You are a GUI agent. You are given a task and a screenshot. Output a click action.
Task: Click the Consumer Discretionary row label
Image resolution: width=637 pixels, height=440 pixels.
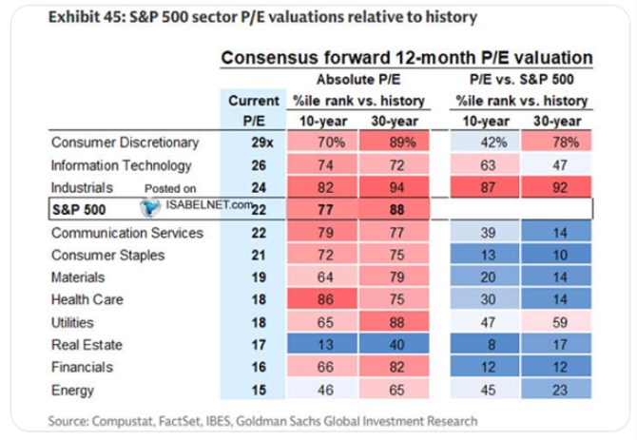point(125,143)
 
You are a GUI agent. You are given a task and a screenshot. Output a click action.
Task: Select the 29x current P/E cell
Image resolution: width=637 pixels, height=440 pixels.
point(262,143)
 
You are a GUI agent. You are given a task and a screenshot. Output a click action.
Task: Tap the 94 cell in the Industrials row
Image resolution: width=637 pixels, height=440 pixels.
point(394,187)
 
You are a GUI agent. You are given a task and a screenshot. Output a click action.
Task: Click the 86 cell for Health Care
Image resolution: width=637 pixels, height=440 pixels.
point(322,299)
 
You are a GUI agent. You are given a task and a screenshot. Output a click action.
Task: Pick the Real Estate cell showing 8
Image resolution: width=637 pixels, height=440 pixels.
point(485,345)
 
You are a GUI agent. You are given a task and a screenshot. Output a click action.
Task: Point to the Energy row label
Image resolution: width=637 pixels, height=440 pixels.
point(72,390)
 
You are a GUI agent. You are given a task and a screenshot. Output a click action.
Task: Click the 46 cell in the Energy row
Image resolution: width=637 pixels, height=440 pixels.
point(322,390)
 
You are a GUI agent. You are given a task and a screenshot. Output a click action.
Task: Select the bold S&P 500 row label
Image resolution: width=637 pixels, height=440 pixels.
point(79,209)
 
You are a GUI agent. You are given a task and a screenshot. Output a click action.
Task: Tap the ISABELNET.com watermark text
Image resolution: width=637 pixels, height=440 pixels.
point(209,204)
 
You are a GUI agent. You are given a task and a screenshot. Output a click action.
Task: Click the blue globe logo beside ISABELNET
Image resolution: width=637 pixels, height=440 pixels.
point(150,207)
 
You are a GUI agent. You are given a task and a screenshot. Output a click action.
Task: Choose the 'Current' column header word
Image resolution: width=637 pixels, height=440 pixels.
point(254,101)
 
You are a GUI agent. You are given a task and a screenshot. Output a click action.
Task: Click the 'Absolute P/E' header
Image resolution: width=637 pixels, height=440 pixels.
point(358,79)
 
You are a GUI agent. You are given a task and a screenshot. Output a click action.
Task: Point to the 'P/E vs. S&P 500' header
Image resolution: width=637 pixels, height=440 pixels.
point(522,79)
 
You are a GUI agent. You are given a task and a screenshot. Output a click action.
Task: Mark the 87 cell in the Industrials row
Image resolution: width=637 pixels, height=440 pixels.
point(485,187)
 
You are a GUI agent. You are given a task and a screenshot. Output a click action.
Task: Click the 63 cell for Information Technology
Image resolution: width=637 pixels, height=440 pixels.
point(485,165)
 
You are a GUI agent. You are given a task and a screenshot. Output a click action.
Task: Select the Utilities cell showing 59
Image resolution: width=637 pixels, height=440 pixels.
point(556,322)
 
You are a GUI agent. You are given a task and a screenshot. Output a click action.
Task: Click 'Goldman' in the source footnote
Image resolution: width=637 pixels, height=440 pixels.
point(264,421)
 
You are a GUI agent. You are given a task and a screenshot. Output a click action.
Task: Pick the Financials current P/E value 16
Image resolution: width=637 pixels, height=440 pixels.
point(259,367)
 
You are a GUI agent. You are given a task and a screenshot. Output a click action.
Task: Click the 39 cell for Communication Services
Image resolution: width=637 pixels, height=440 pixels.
point(485,233)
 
